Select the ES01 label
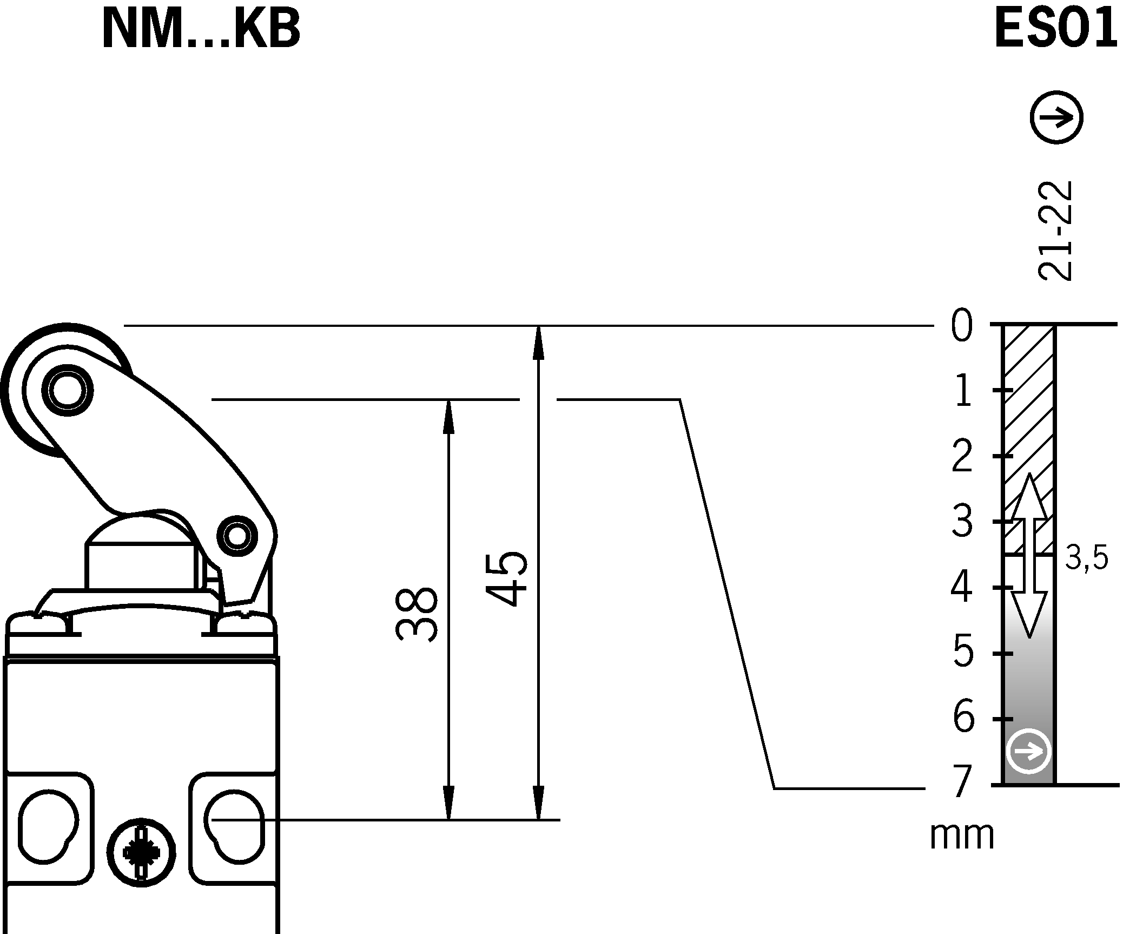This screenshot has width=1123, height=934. (1055, 30)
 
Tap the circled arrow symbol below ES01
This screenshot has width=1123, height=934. (1056, 117)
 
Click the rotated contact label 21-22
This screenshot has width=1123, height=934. (1055, 231)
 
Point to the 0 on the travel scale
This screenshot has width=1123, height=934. (962, 327)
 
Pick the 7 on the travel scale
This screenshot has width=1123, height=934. (962, 783)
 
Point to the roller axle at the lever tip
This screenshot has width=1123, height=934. (68, 390)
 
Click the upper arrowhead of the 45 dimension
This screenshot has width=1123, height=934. (538, 343)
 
